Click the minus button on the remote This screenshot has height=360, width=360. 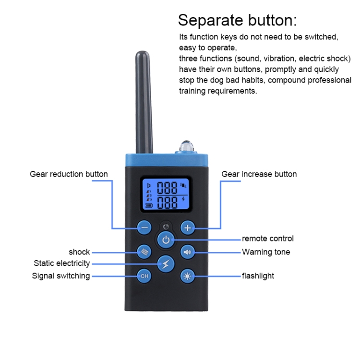(144, 228)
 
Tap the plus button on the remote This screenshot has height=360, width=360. (187, 228)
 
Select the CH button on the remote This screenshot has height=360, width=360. (144, 276)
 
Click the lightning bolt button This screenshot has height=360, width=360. (166, 264)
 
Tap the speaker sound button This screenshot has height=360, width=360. (187, 252)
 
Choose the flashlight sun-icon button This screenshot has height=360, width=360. (187, 276)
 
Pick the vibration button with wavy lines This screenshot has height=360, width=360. (144, 252)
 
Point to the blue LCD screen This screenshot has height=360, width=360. (166, 195)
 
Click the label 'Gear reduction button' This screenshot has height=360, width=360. (69, 174)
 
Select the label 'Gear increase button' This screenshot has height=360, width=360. (259, 174)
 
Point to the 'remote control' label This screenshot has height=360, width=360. (268, 239)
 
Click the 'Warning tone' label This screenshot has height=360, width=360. (266, 252)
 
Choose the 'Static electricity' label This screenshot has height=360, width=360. (61, 264)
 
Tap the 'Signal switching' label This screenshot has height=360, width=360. (61, 276)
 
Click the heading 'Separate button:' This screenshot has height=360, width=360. (238, 21)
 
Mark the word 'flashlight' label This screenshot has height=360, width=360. (258, 276)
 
